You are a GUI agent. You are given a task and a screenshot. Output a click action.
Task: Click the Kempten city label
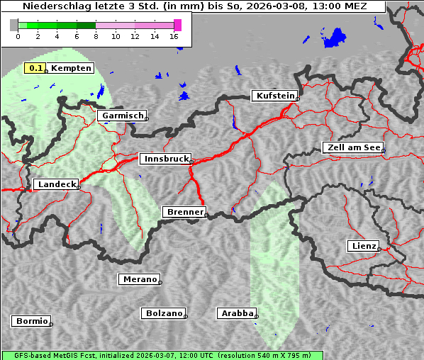pos(71,68)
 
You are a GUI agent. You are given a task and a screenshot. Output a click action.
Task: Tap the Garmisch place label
pos(122,116)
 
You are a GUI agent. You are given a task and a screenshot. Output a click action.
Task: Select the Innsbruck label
pos(165,159)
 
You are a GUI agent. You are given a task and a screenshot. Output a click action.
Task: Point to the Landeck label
pos(56,184)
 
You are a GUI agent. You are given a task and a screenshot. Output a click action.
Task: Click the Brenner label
pos(184,212)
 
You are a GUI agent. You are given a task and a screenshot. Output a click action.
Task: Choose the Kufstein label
pos(274,96)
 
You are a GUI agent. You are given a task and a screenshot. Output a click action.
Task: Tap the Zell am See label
pos(352,147)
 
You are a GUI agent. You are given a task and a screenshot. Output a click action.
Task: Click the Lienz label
pos(363,246)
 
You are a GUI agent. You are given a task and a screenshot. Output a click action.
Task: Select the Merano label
pos(139,279)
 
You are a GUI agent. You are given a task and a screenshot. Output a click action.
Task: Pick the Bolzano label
pos(164,313)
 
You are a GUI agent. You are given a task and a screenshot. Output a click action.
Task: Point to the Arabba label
pos(236,313)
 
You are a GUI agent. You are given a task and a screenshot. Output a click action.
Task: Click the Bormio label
pos(31,321)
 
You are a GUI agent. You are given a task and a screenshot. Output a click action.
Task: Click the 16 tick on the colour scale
pos(174,36)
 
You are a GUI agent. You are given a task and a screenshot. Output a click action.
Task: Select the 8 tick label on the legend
pos(96,36)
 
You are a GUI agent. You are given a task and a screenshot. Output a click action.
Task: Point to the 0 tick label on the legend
pos(18,36)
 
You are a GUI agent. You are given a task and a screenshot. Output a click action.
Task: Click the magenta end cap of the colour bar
pos(177,25)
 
